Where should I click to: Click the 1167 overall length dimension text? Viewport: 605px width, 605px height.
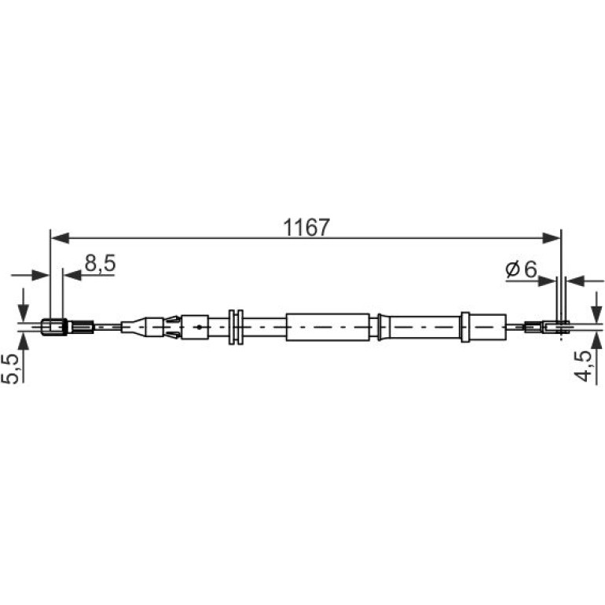point(306,227)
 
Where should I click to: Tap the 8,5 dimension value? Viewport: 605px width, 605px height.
point(101,263)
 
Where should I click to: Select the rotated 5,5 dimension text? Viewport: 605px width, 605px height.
point(10,368)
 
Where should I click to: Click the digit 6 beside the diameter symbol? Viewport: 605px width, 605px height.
point(530,269)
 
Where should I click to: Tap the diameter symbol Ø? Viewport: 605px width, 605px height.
point(512,269)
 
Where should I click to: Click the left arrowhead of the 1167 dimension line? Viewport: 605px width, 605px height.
point(60,238)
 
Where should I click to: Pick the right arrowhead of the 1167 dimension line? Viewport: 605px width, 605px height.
point(551,238)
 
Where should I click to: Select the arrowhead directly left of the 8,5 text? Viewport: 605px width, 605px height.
point(72,275)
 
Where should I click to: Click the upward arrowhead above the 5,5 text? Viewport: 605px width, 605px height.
point(23,343)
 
